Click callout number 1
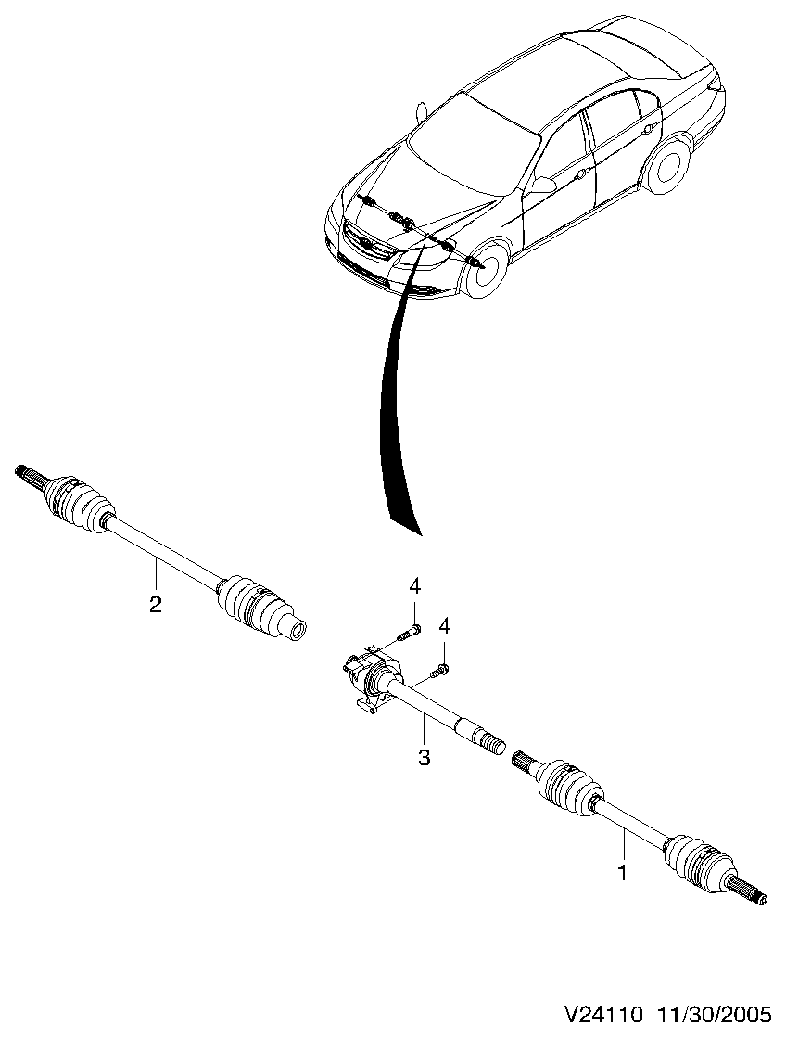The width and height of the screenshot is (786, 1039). tap(623, 873)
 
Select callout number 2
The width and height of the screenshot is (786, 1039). tap(155, 604)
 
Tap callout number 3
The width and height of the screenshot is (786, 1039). tap(424, 758)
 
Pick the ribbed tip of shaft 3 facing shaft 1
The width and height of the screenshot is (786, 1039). tap(487, 742)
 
